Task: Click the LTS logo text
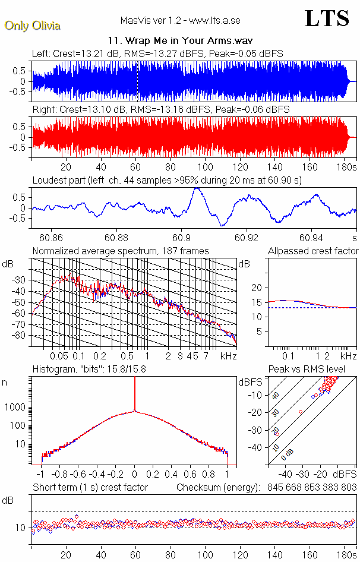click(x=327, y=18)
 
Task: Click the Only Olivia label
click(x=32, y=26)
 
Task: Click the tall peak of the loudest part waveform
click(x=195, y=189)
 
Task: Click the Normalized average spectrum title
click(x=121, y=251)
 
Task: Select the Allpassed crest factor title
click(x=313, y=251)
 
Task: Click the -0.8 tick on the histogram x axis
click(x=61, y=475)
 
